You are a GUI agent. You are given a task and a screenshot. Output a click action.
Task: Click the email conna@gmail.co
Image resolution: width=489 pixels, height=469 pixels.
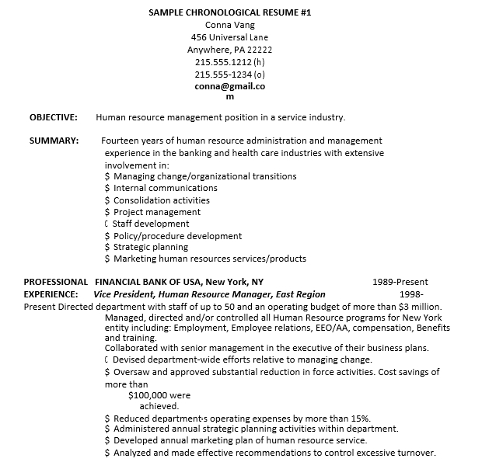pos(229,87)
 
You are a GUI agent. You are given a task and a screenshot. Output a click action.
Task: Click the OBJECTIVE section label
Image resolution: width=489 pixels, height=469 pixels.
pos(53,118)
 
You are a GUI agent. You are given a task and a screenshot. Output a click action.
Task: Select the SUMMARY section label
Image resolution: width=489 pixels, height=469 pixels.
pos(54,141)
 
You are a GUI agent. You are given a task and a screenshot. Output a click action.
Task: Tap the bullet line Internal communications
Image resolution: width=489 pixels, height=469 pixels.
pos(165,188)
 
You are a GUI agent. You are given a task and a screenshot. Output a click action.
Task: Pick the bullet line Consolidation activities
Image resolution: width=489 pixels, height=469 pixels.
pos(162,200)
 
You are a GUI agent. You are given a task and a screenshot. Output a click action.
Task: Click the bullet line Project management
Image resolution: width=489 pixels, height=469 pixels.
pos(157,212)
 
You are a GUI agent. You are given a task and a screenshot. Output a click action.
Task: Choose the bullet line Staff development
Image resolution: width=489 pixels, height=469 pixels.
pos(151,224)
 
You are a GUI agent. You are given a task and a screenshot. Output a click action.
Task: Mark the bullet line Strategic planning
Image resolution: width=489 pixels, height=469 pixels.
pos(151,248)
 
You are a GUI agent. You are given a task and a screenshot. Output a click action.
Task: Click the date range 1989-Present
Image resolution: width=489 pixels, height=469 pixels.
pos(400,282)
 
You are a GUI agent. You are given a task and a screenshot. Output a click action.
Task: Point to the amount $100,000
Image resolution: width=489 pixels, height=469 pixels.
pos(148,395)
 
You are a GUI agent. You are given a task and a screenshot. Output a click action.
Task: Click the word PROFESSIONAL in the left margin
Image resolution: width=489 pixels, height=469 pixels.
pos(56,282)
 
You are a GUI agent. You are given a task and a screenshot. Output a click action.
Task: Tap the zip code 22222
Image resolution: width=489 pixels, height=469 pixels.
pos(260,50)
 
